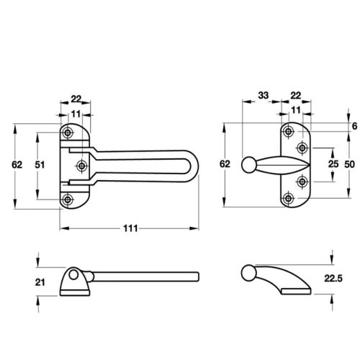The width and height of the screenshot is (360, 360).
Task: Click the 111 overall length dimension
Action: [129, 228]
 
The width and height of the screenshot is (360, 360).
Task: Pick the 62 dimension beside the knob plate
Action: [225, 165]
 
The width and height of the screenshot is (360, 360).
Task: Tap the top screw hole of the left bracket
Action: [68, 132]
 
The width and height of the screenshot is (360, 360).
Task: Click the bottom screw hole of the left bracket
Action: [68, 199]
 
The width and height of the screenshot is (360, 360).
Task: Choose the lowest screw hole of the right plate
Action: [289, 198]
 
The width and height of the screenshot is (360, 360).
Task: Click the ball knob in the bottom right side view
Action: [249, 273]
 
